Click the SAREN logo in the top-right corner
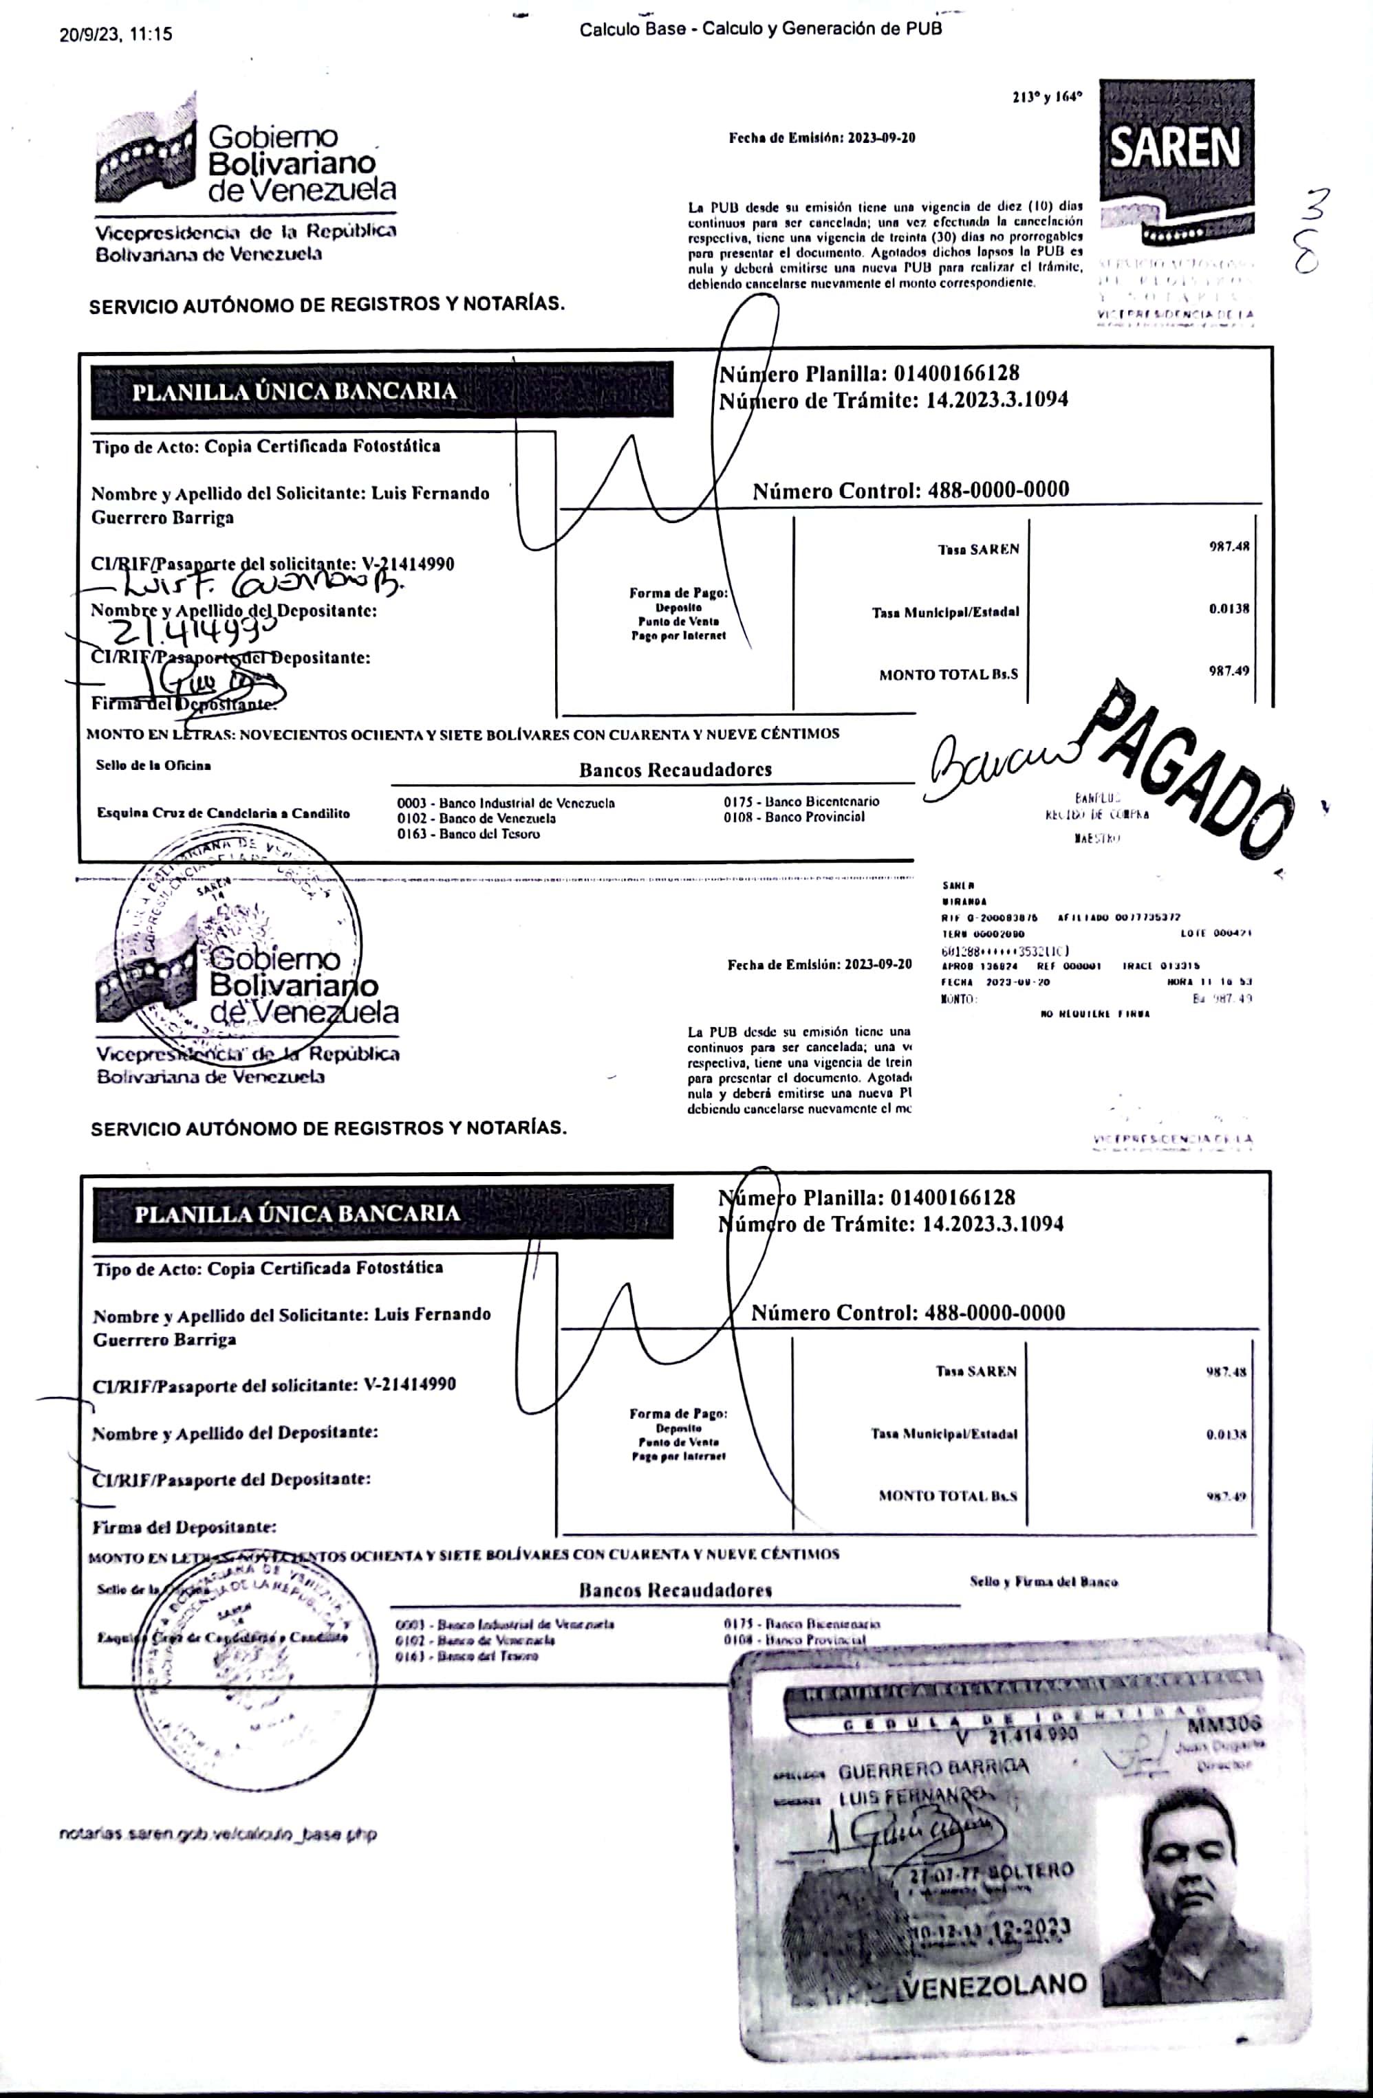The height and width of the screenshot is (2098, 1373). pyautogui.click(x=1176, y=159)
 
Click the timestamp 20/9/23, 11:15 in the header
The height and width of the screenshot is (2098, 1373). pyautogui.click(x=116, y=34)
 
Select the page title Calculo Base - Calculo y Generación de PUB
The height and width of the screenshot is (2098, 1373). pyautogui.click(x=760, y=29)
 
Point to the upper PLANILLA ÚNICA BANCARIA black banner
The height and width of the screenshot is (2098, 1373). pyautogui.click(x=382, y=390)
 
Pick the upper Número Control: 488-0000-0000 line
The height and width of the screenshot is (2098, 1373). pyautogui.click(x=910, y=490)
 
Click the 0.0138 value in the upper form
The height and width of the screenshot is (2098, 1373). pyautogui.click(x=1229, y=609)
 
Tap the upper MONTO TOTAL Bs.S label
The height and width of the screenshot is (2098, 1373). pyautogui.click(x=948, y=674)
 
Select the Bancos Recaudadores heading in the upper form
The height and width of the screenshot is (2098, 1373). pyautogui.click(x=675, y=769)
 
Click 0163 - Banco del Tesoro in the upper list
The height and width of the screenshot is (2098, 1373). pyautogui.click(x=468, y=834)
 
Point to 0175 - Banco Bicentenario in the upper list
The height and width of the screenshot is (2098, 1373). pyautogui.click(x=801, y=802)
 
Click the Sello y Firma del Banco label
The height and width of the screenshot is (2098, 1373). pyautogui.click(x=1044, y=1582)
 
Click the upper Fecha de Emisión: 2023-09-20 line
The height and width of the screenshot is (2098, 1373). pyautogui.click(x=822, y=137)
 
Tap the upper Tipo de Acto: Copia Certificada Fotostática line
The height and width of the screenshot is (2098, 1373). pyautogui.click(x=266, y=446)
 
